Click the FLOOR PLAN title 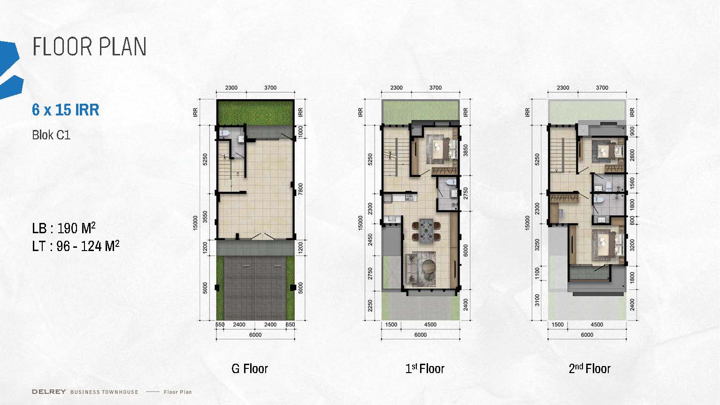coord(89,47)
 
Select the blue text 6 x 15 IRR coord(66,110)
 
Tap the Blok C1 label coord(51,135)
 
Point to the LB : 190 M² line coord(64,228)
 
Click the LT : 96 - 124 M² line coord(76,246)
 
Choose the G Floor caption coord(249,369)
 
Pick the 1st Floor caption coord(425,368)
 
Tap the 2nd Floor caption coord(590,368)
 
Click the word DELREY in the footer coord(49,392)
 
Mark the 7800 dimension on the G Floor coord(300,189)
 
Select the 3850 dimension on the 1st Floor coord(465,150)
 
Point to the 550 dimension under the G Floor coord(220,325)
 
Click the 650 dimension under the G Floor coord(290,325)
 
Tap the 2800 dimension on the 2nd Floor coord(632,155)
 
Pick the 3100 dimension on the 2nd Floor coord(537,300)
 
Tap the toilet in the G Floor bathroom coord(224,133)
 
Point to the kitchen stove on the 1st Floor coord(409,198)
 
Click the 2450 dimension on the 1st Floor coord(370,239)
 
